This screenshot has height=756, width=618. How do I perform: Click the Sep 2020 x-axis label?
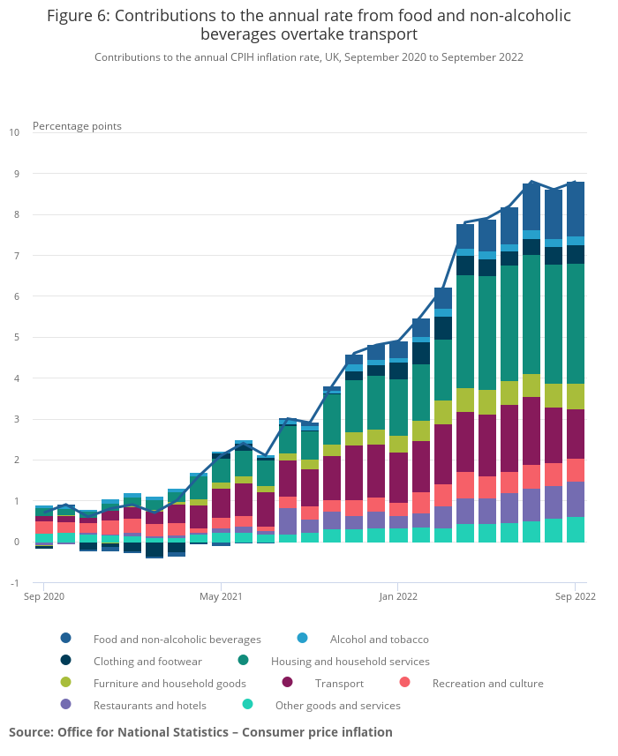click(43, 596)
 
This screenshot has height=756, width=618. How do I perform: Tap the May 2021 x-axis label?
click(221, 596)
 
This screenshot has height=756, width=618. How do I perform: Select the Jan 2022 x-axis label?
click(397, 596)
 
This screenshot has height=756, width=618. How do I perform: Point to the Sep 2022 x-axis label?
click(576, 596)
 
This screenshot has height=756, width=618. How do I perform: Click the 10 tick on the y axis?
click(14, 132)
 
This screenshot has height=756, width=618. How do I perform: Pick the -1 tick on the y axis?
click(14, 583)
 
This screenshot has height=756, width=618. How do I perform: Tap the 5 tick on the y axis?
click(14, 337)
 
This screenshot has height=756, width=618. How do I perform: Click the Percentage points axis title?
click(77, 126)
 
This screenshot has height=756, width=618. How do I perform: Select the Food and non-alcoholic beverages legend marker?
click(66, 639)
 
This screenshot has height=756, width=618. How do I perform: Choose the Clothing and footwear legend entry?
click(147, 661)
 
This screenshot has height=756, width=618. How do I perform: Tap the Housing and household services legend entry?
click(350, 661)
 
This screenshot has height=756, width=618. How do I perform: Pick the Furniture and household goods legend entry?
click(170, 683)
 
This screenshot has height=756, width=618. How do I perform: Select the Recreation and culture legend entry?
click(487, 683)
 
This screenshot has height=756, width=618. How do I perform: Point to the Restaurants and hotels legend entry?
click(149, 705)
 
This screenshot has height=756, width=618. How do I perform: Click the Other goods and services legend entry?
click(337, 705)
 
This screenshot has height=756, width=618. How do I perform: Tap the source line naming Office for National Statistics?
click(200, 732)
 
